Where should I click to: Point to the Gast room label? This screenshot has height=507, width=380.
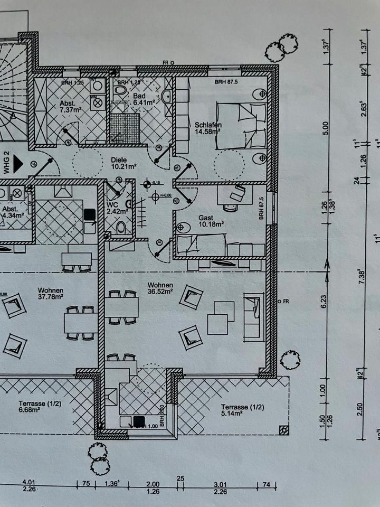point(206,218)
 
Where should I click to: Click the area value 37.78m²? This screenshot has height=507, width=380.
point(51,296)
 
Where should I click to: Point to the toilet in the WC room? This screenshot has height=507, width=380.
point(121,228)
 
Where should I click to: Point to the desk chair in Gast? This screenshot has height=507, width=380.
point(235,194)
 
